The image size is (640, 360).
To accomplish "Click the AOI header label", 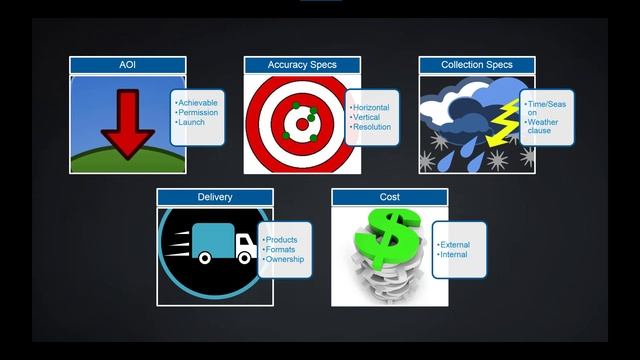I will pos(127,65).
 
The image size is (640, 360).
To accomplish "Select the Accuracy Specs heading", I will pos(302,65).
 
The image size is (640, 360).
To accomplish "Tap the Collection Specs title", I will pos(477,65).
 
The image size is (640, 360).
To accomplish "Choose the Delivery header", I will pos(215,197).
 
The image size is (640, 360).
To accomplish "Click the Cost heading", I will pos(390,197).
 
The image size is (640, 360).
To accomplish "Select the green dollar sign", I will pos(388,240).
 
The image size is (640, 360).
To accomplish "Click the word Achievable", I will pos(198,103).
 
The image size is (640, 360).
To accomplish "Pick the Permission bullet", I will pos(197,113).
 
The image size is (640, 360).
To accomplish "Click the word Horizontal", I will pos(372,108).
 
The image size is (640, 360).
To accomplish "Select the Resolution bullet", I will pos(372,127).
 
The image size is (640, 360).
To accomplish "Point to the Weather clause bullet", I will pos(545,127).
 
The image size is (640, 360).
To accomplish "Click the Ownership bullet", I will pos(285,259).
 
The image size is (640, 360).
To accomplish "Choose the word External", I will pos(455,245).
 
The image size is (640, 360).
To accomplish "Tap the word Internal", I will pos(453,255).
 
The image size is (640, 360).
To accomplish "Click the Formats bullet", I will pos(282,250).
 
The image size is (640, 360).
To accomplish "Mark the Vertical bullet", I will pos(368,118).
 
